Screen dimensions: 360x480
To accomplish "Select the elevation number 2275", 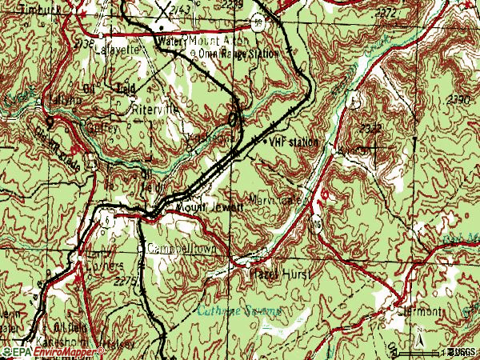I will pos(126,281).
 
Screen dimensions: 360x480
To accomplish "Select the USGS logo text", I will pos(460,352).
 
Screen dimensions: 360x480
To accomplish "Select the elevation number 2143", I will pos(181,8).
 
